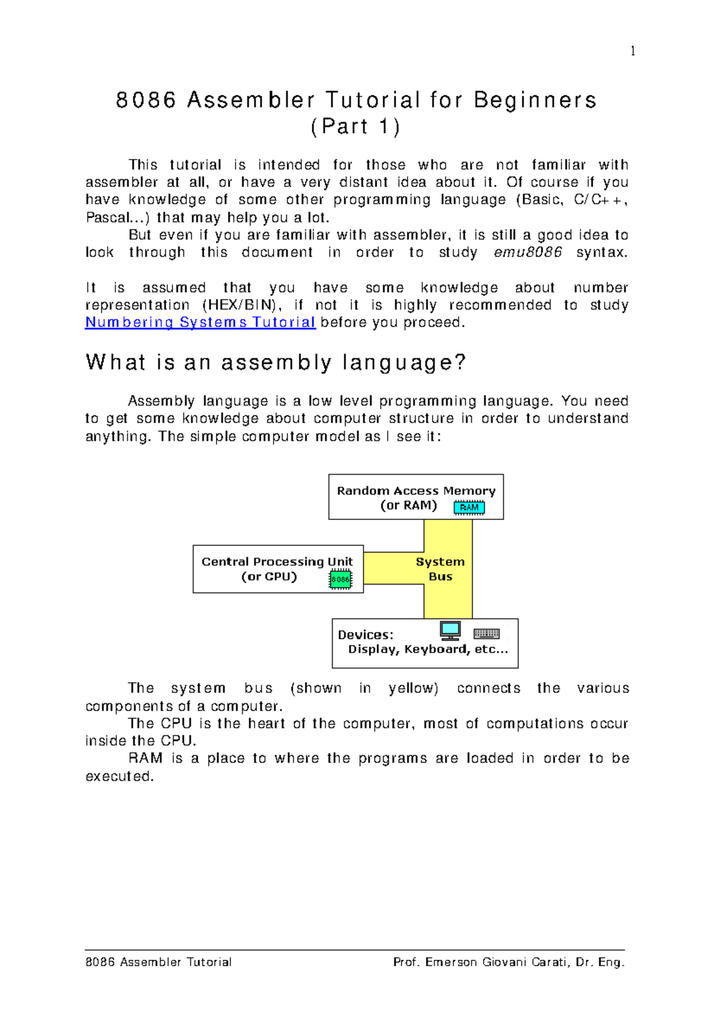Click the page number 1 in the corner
pyautogui.click(x=632, y=51)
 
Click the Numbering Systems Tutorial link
pyautogui.click(x=200, y=323)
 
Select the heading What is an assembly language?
pyautogui.click(x=275, y=362)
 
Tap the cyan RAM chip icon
pyautogui.click(x=469, y=508)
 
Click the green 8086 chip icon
pyautogui.click(x=340, y=579)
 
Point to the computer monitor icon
pyautogui.click(x=450, y=630)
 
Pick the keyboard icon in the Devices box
pyautogui.click(x=486, y=634)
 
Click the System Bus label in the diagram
pyautogui.click(x=440, y=569)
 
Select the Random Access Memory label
pyautogui.click(x=416, y=491)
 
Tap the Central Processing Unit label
pyautogui.click(x=277, y=562)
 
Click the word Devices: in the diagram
pyautogui.click(x=365, y=635)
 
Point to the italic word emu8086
pyautogui.click(x=528, y=252)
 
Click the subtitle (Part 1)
pyautogui.click(x=355, y=127)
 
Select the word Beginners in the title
pyautogui.click(x=535, y=100)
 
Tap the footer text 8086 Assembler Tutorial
pyautogui.click(x=158, y=962)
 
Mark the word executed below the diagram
pyautogui.click(x=118, y=776)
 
